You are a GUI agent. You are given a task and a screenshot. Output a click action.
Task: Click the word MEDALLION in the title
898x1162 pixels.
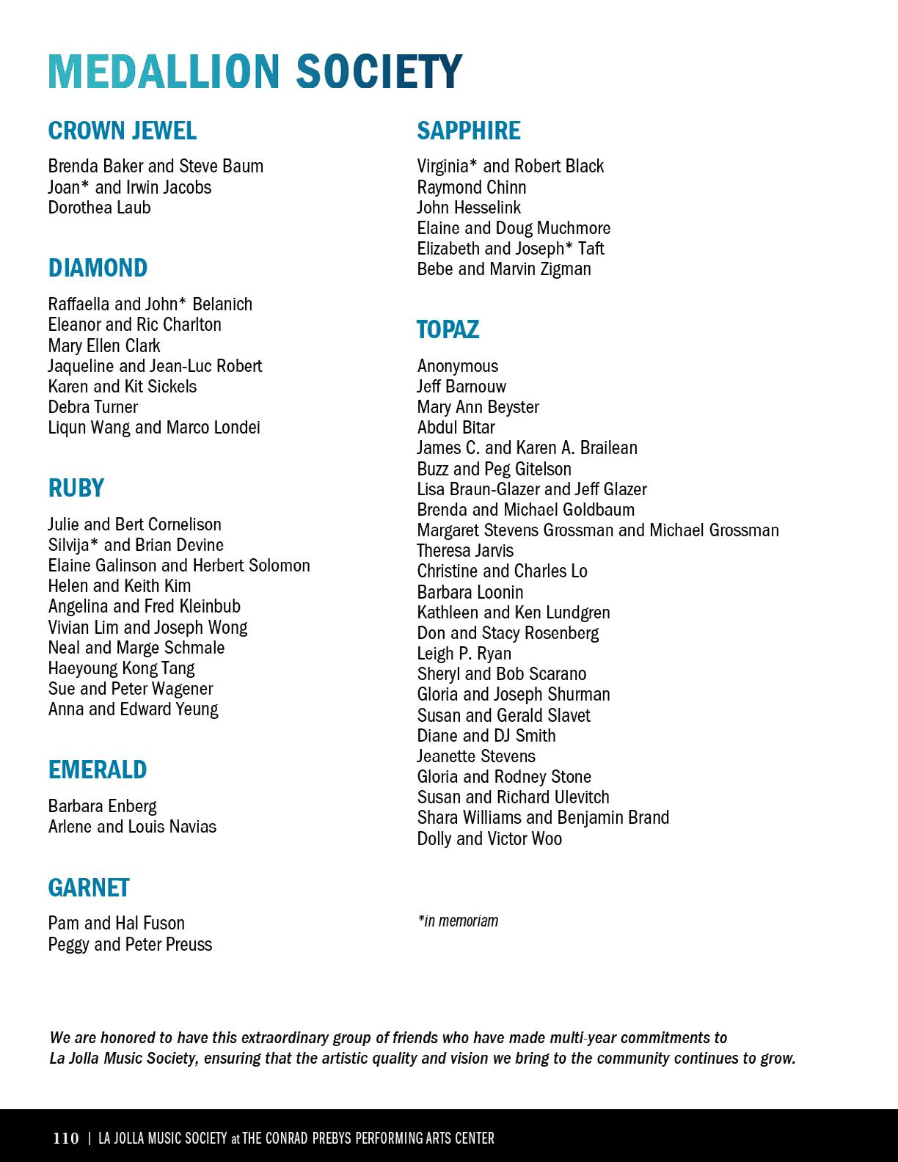pyautogui.click(x=164, y=72)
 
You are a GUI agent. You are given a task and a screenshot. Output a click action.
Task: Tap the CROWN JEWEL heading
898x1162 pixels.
pyautogui.click(x=123, y=131)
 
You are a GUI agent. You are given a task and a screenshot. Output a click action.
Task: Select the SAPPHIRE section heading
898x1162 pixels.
pyautogui.click(x=469, y=131)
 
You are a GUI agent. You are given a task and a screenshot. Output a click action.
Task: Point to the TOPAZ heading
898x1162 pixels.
pyautogui.click(x=448, y=329)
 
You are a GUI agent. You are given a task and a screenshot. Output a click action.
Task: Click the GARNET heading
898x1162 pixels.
pyautogui.click(x=89, y=888)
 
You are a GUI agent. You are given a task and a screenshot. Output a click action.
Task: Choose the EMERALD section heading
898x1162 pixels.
pyautogui.click(x=98, y=770)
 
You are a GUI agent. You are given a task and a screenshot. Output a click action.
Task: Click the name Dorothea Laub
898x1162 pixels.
pyautogui.click(x=99, y=208)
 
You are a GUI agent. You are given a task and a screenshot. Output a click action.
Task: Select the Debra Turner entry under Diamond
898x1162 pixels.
pyautogui.click(x=92, y=407)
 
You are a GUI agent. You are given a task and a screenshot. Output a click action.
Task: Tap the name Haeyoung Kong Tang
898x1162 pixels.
pyautogui.click(x=121, y=668)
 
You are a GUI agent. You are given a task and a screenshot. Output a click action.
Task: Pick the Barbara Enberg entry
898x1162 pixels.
pyautogui.click(x=102, y=806)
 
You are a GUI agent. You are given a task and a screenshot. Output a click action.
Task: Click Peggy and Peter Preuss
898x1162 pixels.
pyautogui.click(x=130, y=944)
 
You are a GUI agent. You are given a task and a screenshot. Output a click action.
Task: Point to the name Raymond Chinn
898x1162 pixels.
pyautogui.click(x=471, y=187)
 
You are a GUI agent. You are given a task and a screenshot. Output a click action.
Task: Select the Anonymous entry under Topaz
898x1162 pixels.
pyautogui.click(x=457, y=366)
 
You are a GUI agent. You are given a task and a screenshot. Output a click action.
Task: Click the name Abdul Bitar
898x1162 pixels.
pyautogui.click(x=456, y=428)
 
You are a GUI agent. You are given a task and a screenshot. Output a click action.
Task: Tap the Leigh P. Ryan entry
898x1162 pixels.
pyautogui.click(x=464, y=654)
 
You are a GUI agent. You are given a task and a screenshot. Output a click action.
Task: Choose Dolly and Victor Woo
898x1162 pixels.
pyautogui.click(x=489, y=838)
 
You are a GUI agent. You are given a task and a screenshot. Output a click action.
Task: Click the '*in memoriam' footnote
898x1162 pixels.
pyautogui.click(x=458, y=921)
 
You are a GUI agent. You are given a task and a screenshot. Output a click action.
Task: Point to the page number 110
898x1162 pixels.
pyautogui.click(x=66, y=1139)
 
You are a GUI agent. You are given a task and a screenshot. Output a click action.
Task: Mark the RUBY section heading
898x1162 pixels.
pyautogui.click(x=76, y=488)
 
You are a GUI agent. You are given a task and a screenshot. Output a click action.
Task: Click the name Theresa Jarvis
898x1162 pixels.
pyautogui.click(x=465, y=551)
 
